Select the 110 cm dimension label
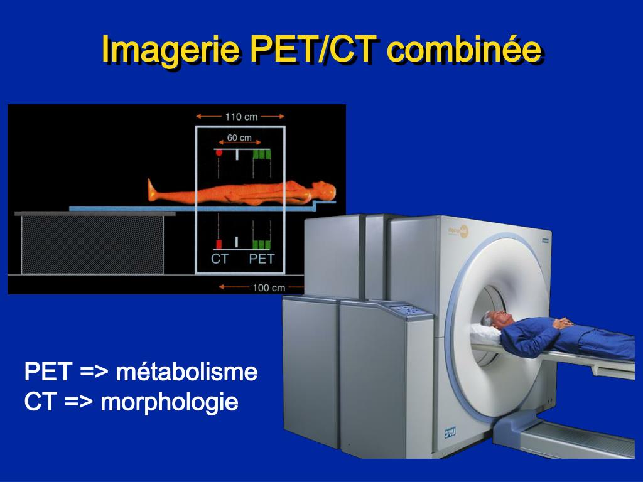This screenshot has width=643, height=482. pos(240,116)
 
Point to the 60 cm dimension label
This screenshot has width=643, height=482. pos(239,137)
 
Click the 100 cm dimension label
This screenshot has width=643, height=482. pos(269,287)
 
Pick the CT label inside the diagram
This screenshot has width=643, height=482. pos(220,259)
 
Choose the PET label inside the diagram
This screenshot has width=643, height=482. pos(262,259)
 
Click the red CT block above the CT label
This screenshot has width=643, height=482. pos(219,244)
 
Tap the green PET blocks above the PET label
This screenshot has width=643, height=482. pos(262,244)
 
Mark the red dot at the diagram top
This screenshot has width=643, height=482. pos(219,152)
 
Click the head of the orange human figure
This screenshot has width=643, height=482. pos(325,188)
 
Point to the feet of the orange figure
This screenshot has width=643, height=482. pos(152,189)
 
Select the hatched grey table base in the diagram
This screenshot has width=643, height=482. pos(93,245)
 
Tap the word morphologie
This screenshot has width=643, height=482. pos(170,402)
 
